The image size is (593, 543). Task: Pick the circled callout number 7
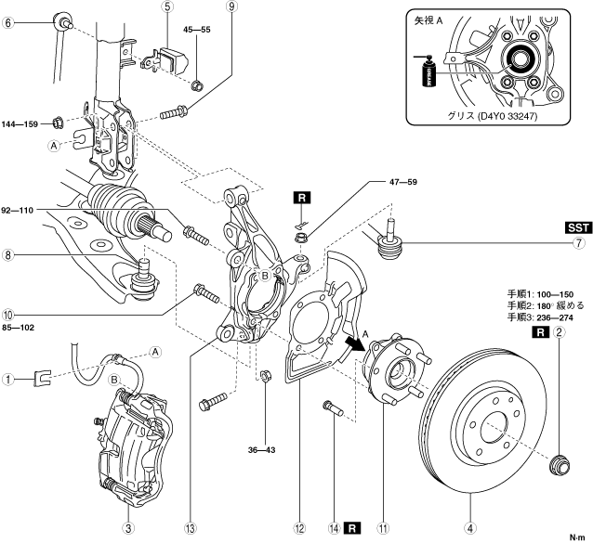coord(578,244)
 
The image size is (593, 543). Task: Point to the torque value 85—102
coord(21,326)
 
